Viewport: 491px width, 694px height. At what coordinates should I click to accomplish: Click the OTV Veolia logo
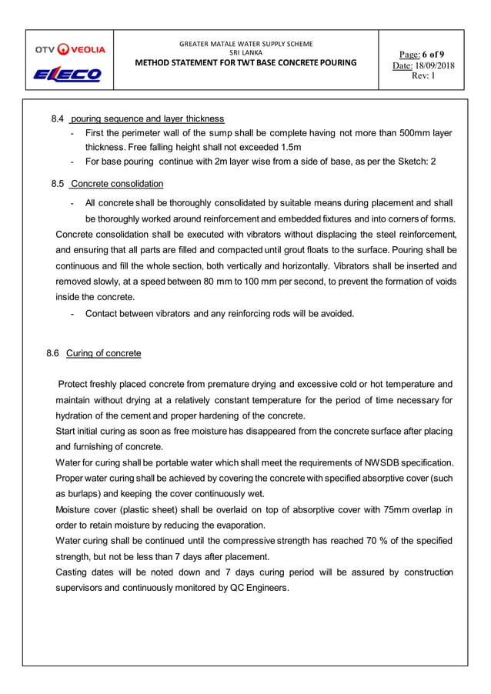click(69, 49)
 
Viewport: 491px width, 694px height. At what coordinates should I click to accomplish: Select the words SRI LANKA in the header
click(246, 52)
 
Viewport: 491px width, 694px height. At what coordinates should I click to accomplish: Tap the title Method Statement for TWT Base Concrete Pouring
click(246, 62)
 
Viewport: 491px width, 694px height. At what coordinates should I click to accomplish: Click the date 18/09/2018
click(435, 65)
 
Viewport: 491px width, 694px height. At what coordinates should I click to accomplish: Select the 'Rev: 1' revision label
click(424, 76)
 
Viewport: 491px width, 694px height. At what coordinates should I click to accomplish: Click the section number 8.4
click(57, 118)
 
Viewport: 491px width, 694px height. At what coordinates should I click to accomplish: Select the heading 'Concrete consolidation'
click(117, 184)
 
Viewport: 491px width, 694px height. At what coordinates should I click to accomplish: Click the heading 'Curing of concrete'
click(103, 353)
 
